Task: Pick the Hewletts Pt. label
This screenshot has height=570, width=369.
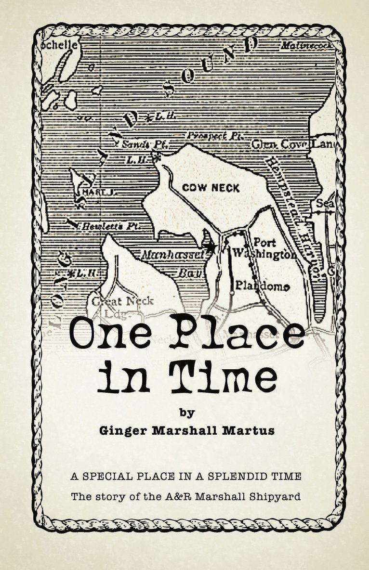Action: pyautogui.click(x=104, y=225)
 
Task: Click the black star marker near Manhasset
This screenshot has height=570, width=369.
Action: pyautogui.click(x=210, y=246)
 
